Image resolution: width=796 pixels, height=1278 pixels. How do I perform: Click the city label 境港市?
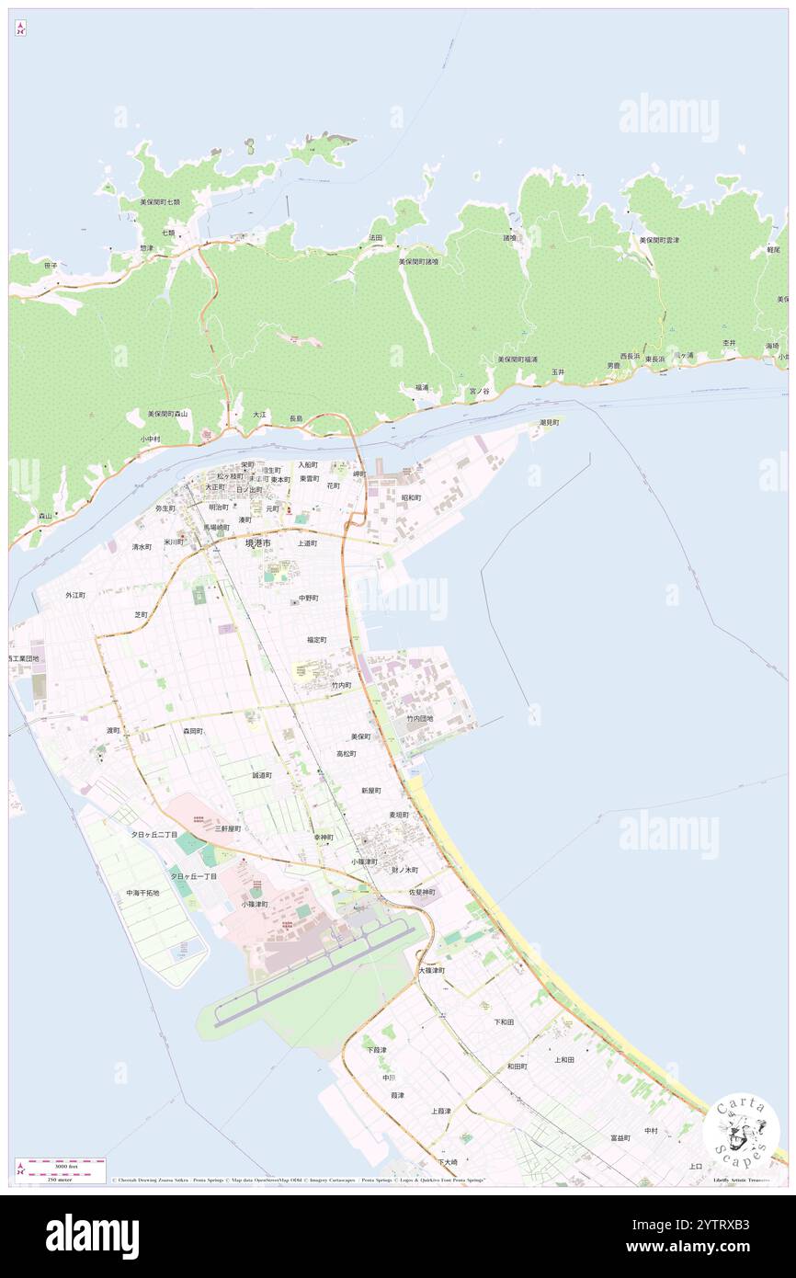pos(258,543)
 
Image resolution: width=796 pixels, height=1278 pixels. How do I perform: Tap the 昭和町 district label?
pos(411,497)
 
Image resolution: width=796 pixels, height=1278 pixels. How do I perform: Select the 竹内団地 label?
pos(419,718)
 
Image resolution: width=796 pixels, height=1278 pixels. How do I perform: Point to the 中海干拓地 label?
pos(142,893)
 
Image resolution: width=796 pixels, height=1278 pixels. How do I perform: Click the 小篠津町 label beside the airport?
pos(255,904)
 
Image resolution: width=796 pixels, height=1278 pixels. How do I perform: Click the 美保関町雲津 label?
pos(659,240)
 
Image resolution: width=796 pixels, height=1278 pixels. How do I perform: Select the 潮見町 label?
pos(549,422)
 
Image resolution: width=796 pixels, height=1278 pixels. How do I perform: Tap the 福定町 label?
pos(317,639)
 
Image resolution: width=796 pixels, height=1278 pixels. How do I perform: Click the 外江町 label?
pos(75,595)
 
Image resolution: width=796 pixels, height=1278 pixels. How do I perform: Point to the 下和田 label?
pos(504,1021)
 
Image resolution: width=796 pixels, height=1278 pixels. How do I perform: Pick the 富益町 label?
pos(620,1137)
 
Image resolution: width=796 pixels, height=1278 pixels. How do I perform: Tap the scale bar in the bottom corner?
pos(61,1169)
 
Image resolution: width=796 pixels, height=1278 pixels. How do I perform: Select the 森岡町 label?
pos(192,731)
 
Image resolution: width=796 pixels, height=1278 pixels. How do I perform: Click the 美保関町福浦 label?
pos(517,359)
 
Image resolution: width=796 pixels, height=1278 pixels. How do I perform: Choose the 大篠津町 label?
pos(432,970)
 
